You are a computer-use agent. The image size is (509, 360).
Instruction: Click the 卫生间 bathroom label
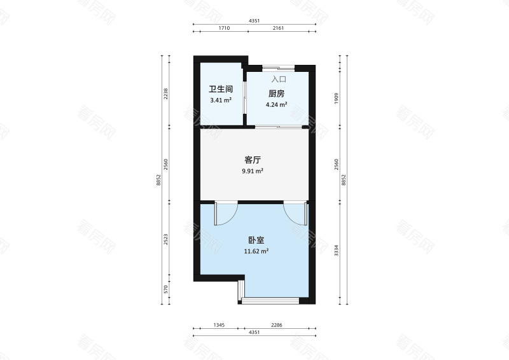coord(221,90)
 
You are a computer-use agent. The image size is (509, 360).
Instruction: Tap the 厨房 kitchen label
coord(276,93)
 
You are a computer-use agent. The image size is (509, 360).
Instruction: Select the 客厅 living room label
coord(253,160)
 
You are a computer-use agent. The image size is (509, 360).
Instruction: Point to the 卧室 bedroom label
coord(256,240)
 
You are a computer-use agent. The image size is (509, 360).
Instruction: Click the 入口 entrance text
coord(279,80)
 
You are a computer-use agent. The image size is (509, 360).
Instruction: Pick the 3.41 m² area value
coord(221,100)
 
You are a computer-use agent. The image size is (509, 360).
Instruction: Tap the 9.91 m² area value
coord(253,171)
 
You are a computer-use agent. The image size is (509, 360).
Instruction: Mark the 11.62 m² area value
coord(256,251)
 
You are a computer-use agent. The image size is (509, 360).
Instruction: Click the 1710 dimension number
coord(223,29)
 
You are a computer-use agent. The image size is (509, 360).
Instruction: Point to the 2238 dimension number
coord(165,93)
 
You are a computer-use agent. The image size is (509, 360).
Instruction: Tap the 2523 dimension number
coord(165,240)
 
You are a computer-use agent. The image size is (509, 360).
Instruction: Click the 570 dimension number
coord(165,289)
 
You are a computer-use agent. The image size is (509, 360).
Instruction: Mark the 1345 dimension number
coord(219,325)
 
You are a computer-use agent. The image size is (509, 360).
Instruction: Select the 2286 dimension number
coord(277,325)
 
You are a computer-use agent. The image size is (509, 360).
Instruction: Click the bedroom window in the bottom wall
coord(275,300)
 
